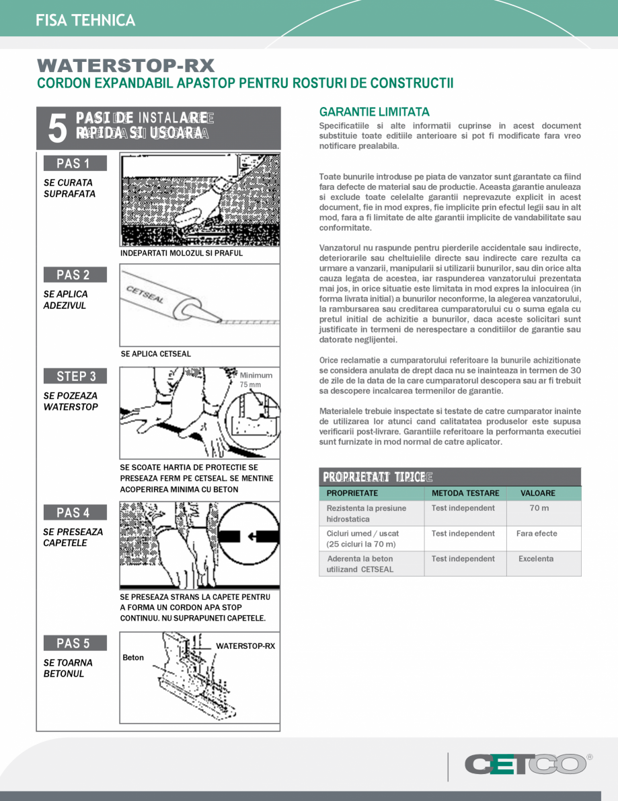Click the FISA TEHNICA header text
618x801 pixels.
click(86, 20)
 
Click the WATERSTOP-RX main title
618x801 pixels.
click(126, 66)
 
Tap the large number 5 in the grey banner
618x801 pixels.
click(58, 128)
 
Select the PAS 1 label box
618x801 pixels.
click(75, 164)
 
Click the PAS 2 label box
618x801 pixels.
click(75, 275)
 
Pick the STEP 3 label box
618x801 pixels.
click(75, 376)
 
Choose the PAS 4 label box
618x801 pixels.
click(75, 513)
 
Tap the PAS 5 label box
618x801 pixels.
click(75, 643)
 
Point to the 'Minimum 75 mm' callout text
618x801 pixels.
click(256, 380)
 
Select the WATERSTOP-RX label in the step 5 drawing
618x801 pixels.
click(245, 646)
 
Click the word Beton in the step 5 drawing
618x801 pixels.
click(133, 658)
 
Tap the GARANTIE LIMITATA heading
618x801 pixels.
click(374, 112)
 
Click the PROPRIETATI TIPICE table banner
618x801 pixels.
click(449, 477)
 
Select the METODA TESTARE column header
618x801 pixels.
click(465, 493)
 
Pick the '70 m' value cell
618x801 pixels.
click(539, 508)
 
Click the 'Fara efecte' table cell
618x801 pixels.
click(536, 534)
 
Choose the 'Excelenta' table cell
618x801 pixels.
click(535, 559)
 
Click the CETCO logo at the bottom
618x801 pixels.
click(525, 764)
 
